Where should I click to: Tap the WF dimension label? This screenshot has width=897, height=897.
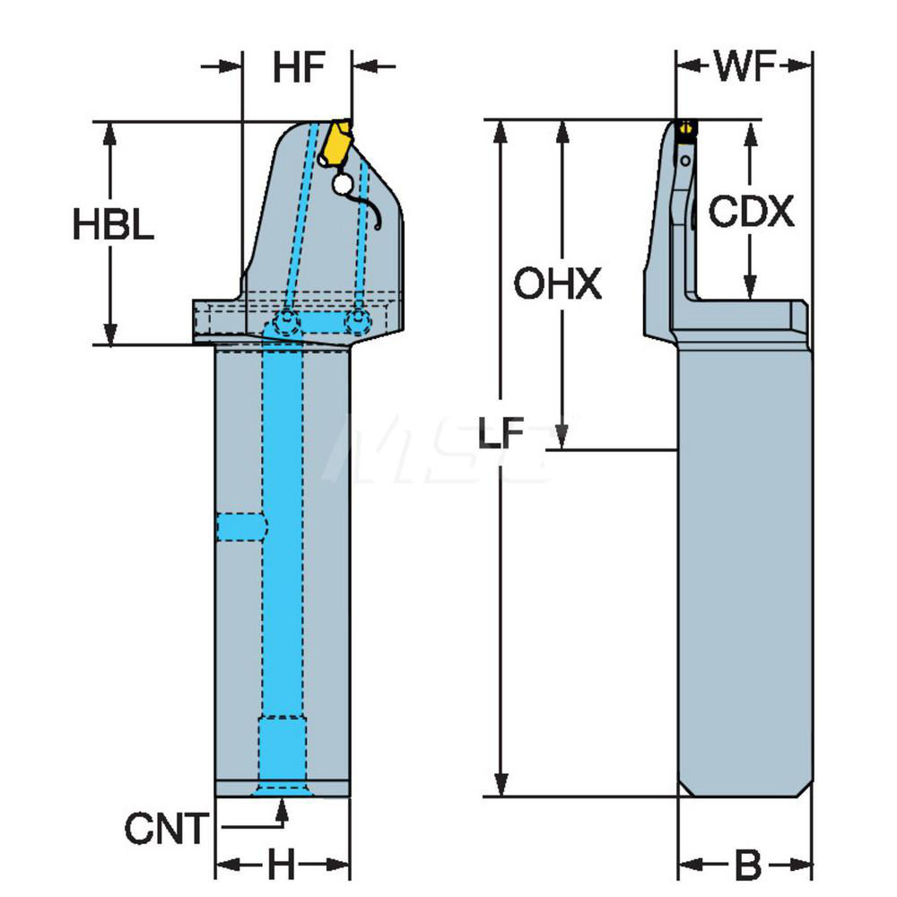click(745, 66)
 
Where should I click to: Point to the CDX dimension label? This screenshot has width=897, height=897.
click(751, 213)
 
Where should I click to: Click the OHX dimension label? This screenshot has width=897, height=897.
click(557, 286)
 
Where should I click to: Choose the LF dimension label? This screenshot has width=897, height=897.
click(500, 435)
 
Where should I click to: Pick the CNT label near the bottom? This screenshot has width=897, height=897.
click(165, 829)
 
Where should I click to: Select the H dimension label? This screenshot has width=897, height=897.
click(282, 866)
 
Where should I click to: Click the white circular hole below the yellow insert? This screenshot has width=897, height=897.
click(342, 185)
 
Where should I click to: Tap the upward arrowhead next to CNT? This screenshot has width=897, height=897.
click(282, 810)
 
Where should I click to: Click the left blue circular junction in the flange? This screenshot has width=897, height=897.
click(287, 320)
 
